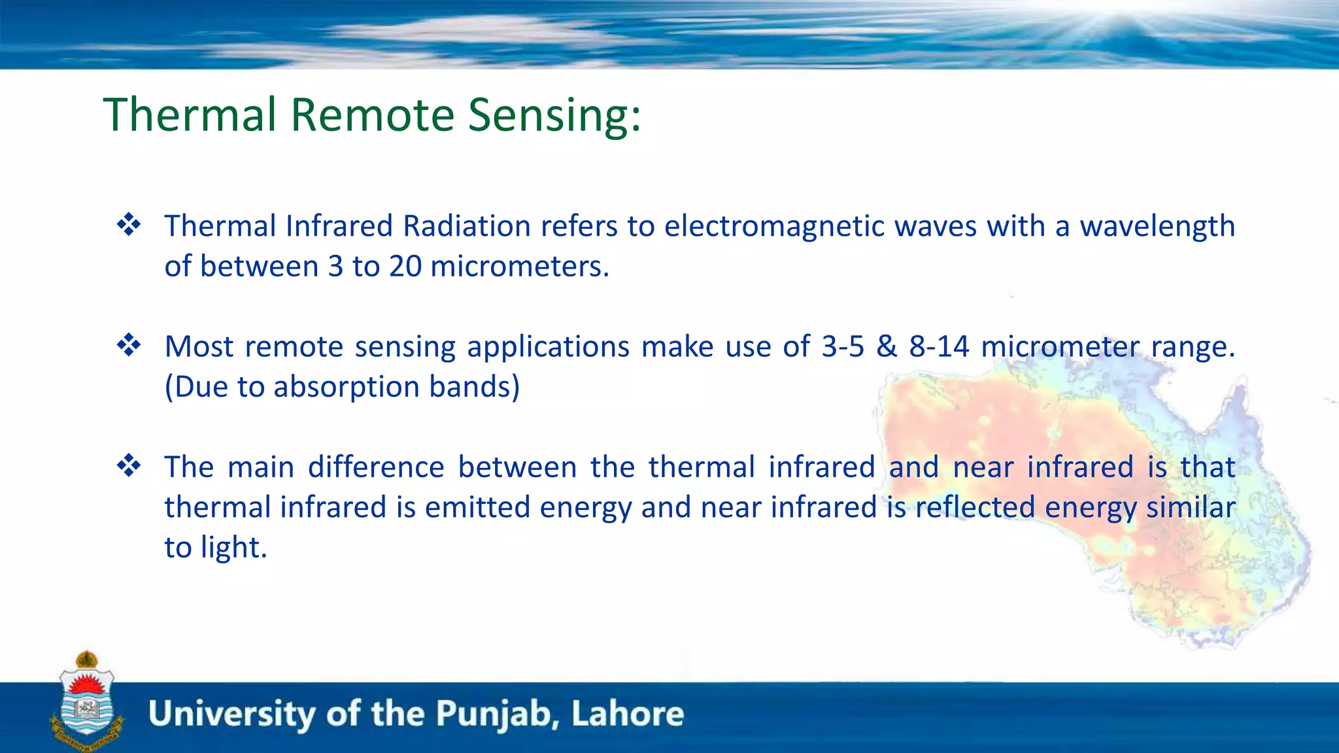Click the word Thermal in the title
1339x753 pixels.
[x=190, y=115]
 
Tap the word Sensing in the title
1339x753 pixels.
[x=554, y=115]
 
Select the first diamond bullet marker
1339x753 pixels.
[x=129, y=225]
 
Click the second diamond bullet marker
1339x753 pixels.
[x=129, y=345]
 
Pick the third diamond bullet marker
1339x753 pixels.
[x=129, y=466]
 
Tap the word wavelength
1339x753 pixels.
[x=1157, y=226]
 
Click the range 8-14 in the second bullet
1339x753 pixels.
[x=939, y=346]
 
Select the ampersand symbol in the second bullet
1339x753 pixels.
[x=887, y=346]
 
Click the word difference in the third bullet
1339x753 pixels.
[x=376, y=467]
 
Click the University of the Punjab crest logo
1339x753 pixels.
[x=87, y=703]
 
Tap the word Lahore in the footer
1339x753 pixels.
[x=627, y=713]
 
